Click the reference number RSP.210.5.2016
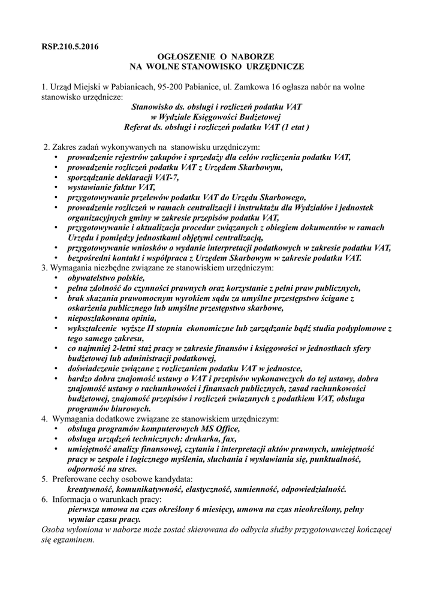tap(70, 46)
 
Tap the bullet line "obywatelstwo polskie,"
tap(106, 278)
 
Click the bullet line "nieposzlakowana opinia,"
tap(110, 318)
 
